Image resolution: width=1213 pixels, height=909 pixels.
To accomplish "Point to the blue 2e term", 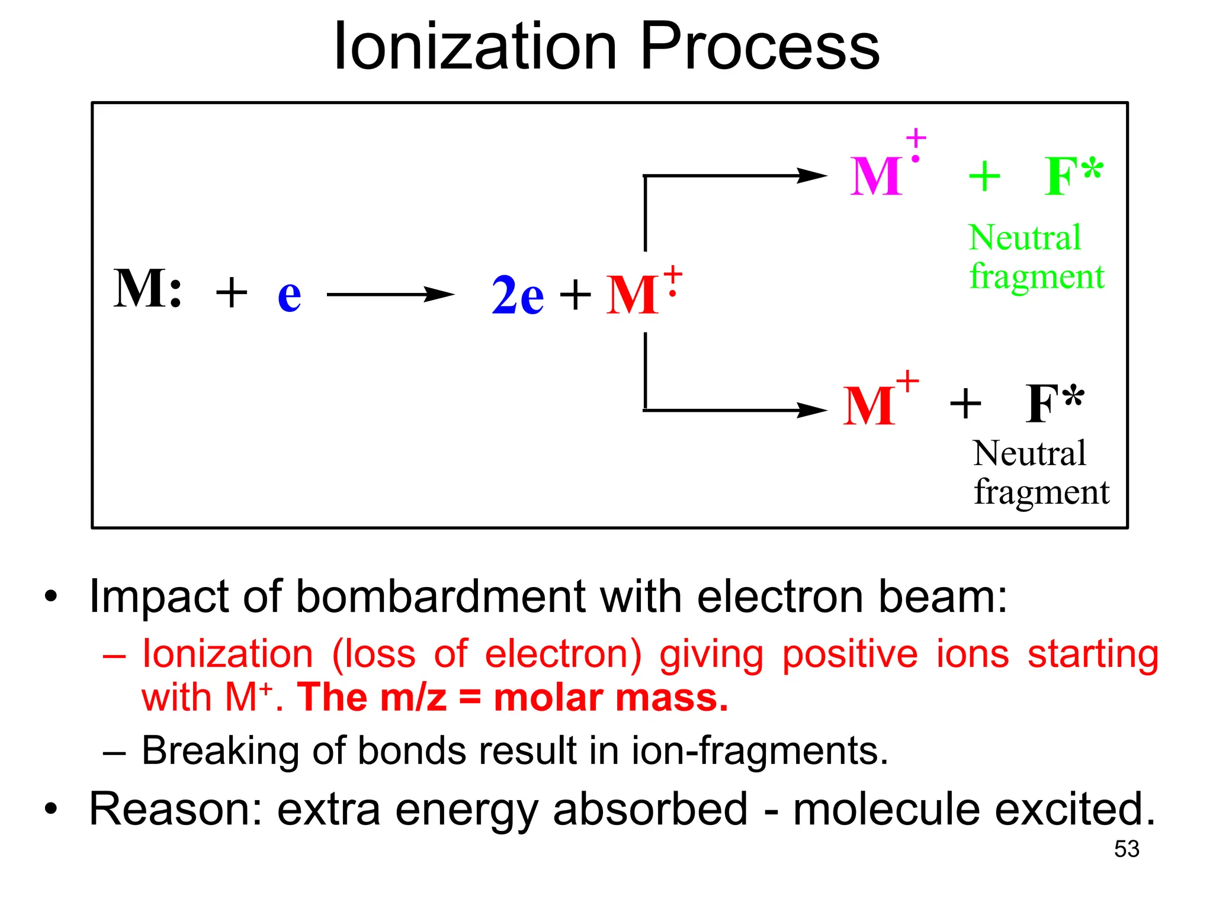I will coord(517,295).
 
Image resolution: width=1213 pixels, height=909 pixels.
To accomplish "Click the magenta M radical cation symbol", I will coord(877,176).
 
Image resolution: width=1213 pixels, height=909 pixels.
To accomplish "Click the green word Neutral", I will coord(1025,238).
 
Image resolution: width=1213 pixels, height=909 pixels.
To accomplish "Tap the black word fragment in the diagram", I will coord(1041,492).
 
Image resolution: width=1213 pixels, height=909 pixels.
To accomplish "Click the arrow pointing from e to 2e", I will coord(390,294).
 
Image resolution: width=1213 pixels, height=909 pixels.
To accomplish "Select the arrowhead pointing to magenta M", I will coord(811,176).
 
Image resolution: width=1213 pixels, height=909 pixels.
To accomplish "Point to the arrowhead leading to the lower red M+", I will coord(811,410).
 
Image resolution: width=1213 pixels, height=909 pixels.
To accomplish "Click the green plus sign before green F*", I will coord(984,176).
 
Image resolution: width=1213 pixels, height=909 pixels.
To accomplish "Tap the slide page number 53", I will coord(1126,849).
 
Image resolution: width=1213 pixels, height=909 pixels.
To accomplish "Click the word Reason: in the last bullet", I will coord(175,809).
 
